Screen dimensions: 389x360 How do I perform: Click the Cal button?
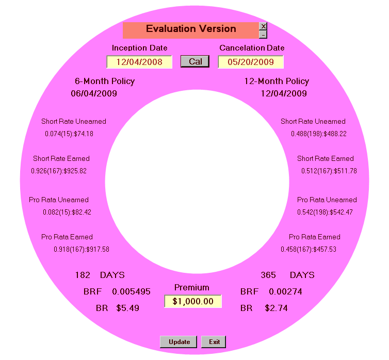pos(195,61)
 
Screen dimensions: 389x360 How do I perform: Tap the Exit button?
pos(214,342)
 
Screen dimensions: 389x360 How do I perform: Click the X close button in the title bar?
pos(263,26)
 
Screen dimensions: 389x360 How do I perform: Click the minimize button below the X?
pos(263,35)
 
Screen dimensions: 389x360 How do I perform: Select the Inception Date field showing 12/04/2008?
pos(139,62)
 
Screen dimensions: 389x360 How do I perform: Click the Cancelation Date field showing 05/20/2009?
pos(251,62)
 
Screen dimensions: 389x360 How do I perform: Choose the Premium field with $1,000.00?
pos(193,301)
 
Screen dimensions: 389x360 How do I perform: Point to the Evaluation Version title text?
pos(191,29)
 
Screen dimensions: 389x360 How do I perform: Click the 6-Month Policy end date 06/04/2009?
pos(94,93)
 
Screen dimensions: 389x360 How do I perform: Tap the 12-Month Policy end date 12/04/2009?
pos(284,93)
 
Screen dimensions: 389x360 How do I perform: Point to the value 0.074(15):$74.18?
pos(69,134)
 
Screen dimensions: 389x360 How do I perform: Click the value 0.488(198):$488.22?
pos(319,134)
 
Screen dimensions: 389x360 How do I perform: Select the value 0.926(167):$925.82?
pos(59,171)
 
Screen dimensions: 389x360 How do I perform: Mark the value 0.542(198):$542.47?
pos(325,212)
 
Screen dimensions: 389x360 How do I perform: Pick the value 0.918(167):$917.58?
pos(82,250)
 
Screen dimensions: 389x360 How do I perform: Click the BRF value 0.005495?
pos(131,291)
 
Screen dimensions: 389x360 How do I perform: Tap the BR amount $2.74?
pos(276,308)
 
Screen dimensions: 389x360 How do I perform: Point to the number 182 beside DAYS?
pos(83,275)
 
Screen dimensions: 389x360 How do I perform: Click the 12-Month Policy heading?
pos(277,81)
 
